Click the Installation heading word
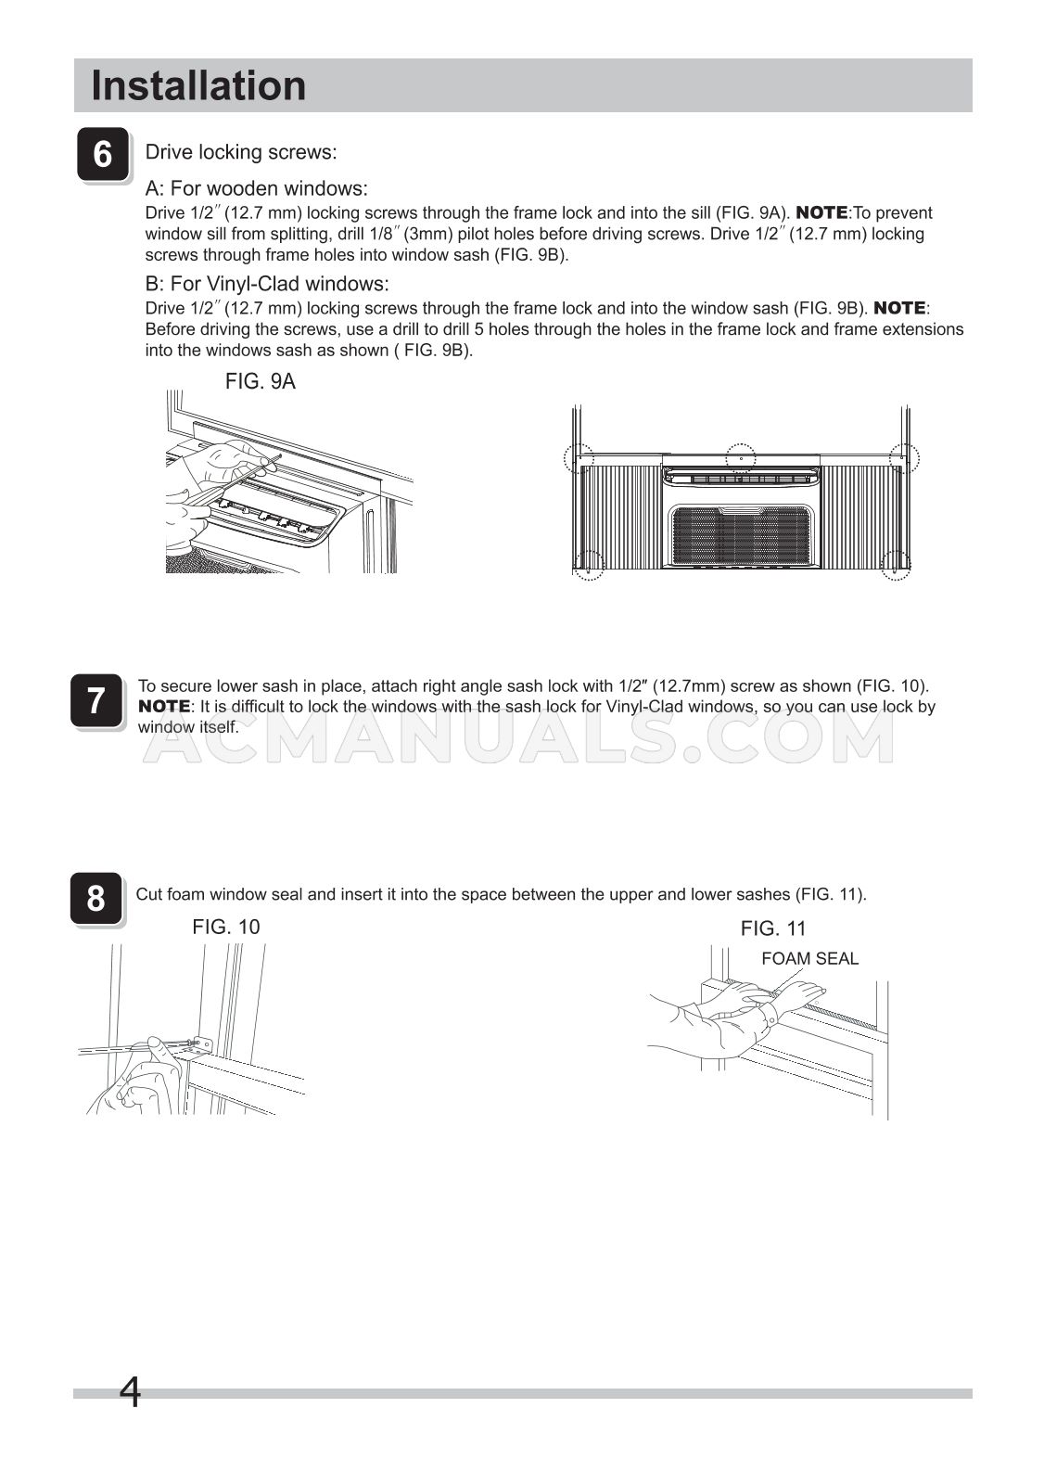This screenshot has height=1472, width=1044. pyautogui.click(x=198, y=85)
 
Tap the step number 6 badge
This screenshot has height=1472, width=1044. pyautogui.click(x=102, y=154)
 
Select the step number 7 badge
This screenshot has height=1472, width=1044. pyautogui.click(x=96, y=700)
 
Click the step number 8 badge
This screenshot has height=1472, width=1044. pyautogui.click(x=96, y=898)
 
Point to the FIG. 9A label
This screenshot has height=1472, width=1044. pyautogui.click(x=260, y=381)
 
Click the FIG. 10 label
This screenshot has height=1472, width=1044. pyautogui.click(x=226, y=927)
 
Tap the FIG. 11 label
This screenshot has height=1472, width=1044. pyautogui.click(x=773, y=928)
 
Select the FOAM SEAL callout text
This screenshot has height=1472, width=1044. pyautogui.click(x=809, y=958)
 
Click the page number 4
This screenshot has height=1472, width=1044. pyautogui.click(x=130, y=1393)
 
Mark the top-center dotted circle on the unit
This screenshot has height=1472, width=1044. pyautogui.click(x=740, y=456)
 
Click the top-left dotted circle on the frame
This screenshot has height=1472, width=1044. pyautogui.click(x=579, y=457)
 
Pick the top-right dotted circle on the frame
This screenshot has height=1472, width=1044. pyautogui.click(x=904, y=457)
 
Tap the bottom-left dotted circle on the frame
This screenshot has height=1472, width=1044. pyautogui.click(x=588, y=564)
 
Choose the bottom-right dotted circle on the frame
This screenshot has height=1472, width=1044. pyautogui.click(x=895, y=564)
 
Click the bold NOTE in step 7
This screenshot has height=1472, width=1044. pyautogui.click(x=164, y=707)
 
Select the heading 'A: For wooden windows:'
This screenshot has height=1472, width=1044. pyautogui.click(x=256, y=189)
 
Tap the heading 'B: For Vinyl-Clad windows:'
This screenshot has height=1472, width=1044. pyautogui.click(x=267, y=284)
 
